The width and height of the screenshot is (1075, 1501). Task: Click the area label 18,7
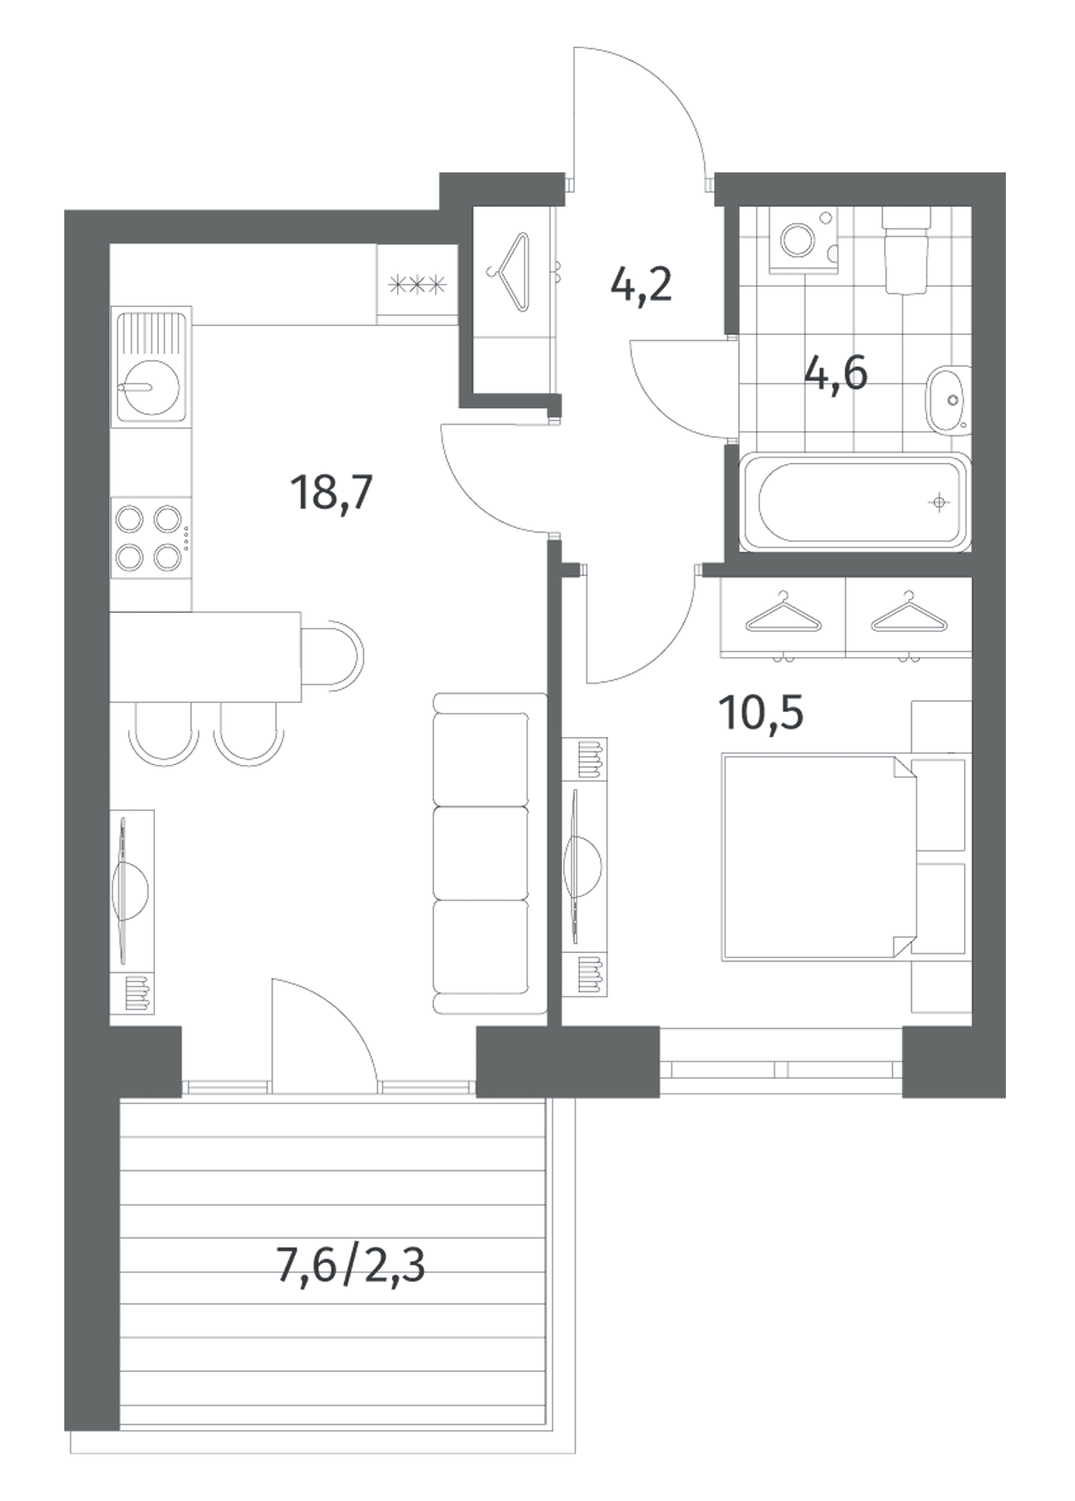coord(331,493)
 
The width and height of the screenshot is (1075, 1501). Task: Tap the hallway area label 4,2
coord(641,286)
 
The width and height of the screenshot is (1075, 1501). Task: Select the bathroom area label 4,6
coord(836,372)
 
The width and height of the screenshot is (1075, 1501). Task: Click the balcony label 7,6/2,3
coord(350,1266)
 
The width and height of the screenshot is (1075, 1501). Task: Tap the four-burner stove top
coord(150,538)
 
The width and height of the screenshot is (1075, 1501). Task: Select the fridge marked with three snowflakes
coord(417,284)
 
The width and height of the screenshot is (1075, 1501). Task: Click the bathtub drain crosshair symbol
coord(939,502)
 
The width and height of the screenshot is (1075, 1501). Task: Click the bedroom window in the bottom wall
coord(781,1068)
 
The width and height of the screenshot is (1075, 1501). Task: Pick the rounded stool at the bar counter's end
coord(333,655)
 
